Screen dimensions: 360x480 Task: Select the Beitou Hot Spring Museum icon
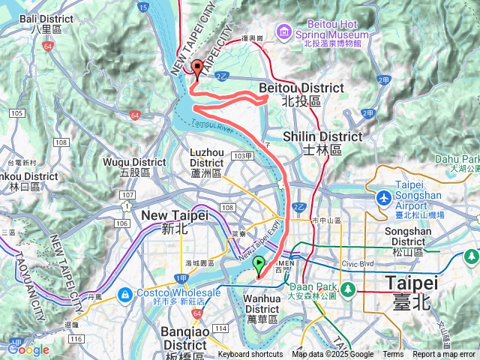284,31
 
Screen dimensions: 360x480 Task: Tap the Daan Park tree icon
347,289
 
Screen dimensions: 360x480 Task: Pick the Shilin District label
322,142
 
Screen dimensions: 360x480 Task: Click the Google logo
28,349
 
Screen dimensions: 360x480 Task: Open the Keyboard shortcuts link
250,355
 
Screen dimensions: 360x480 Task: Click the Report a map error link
445,355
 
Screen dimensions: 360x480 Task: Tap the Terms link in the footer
393,355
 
